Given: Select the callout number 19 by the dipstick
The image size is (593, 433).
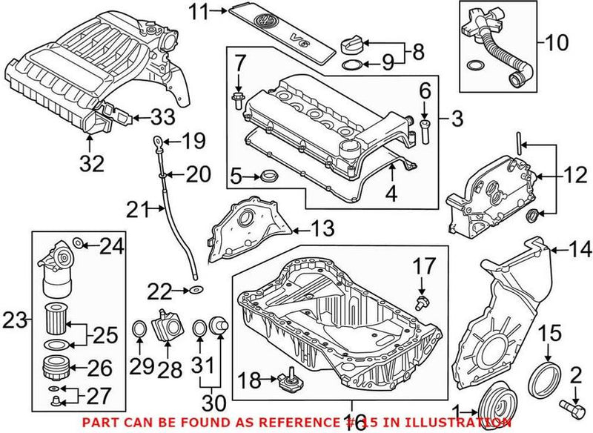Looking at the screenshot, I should [x=193, y=139].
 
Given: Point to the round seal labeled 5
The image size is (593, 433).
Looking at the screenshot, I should [x=268, y=176].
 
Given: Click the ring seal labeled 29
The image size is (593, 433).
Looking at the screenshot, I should [x=139, y=328].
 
